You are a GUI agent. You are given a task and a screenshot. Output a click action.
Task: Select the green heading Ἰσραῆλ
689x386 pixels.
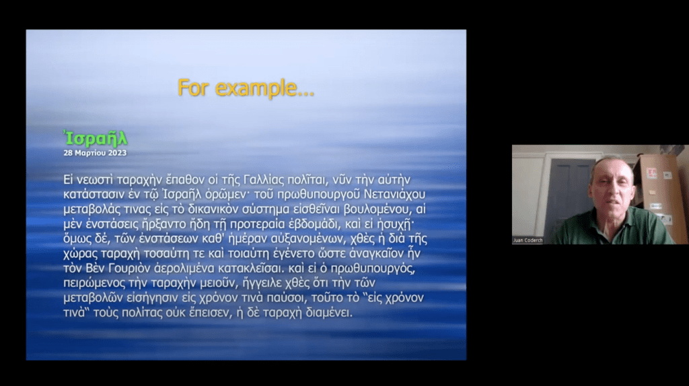[x=96, y=138]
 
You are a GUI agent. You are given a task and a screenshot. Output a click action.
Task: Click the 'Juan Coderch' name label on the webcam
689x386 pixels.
[x=528, y=240]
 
